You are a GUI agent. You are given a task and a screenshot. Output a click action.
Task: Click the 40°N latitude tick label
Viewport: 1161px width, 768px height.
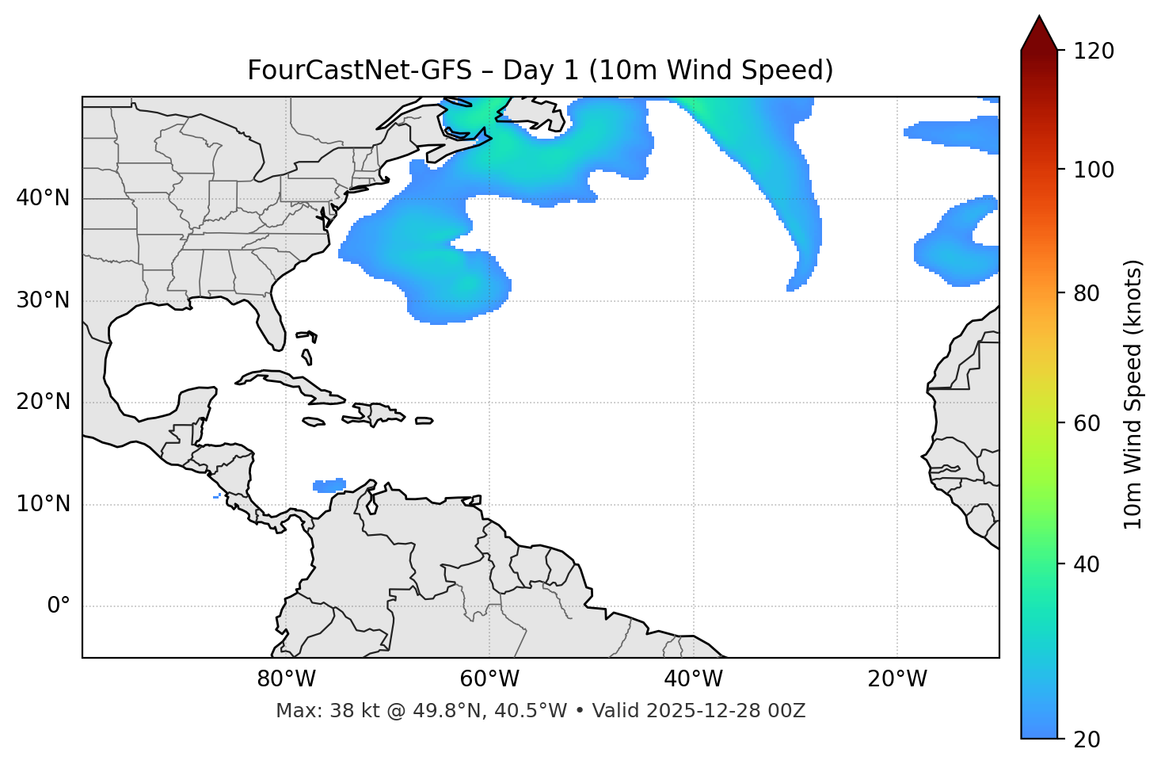coord(43,198)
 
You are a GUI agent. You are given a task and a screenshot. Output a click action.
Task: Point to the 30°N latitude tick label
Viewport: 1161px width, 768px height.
coord(43,300)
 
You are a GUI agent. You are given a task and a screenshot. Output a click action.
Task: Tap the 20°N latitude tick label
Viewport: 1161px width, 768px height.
coord(43,402)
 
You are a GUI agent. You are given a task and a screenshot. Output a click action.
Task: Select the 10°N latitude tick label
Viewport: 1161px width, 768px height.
coord(43,504)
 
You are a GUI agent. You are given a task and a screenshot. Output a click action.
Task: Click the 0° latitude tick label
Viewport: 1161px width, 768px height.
coord(59,606)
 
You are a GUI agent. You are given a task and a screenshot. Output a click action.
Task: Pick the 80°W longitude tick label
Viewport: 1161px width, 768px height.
coord(286,679)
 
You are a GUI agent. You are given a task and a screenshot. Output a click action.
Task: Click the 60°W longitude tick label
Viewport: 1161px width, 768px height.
coord(489,679)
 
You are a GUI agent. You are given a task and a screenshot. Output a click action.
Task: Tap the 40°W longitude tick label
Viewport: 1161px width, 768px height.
coord(693,679)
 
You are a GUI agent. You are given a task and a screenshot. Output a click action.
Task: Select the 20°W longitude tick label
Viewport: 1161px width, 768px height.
coord(897,679)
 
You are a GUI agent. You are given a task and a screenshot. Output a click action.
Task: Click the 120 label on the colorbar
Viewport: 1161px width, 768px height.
coord(1094,52)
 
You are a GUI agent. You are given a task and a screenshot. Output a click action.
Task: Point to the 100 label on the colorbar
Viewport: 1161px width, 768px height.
coord(1094,170)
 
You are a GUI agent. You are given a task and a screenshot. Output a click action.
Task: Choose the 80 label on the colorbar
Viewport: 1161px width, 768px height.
coord(1086,293)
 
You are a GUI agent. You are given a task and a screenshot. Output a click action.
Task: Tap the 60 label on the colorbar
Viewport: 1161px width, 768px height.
coord(1086,423)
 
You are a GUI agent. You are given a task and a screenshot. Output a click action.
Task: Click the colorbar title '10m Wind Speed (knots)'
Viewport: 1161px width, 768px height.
coord(1133,394)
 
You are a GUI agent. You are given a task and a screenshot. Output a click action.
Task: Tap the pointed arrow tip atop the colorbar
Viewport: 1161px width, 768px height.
coord(1039,19)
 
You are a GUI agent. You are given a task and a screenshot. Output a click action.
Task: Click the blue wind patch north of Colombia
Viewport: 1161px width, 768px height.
coord(329,485)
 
